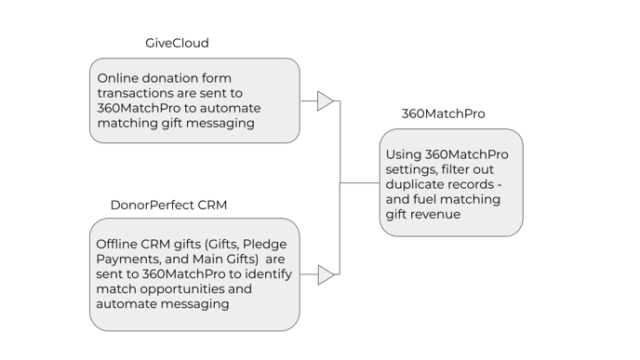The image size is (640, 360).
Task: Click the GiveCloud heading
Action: click(x=177, y=43)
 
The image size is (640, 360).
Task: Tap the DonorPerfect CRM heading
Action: click(x=168, y=205)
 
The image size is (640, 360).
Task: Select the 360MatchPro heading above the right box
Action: click(x=443, y=113)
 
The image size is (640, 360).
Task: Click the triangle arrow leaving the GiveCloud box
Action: click(x=325, y=100)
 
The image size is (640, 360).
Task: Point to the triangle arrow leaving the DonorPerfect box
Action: click(x=326, y=274)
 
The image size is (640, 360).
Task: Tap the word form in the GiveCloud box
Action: click(x=218, y=78)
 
